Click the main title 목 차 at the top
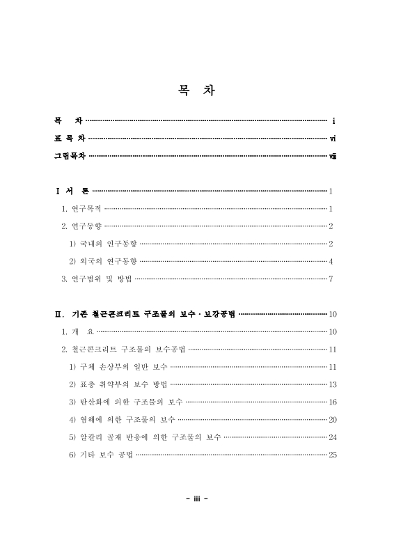pyautogui.click(x=196, y=92)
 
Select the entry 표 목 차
pyautogui.click(x=70, y=139)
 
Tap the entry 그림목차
pyautogui.click(x=70, y=156)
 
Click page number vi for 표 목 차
pyautogui.click(x=333, y=139)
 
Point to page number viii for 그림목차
pyautogui.click(x=333, y=156)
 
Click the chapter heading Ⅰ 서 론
pyautogui.click(x=72, y=191)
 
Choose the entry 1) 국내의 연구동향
pyautogui.click(x=103, y=244)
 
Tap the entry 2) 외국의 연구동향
pyautogui.click(x=103, y=262)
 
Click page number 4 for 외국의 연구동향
pyautogui.click(x=332, y=262)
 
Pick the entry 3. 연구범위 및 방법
pyautogui.click(x=96, y=279)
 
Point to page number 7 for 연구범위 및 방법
pyautogui.click(x=332, y=279)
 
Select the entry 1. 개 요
pyautogui.click(x=77, y=332)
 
